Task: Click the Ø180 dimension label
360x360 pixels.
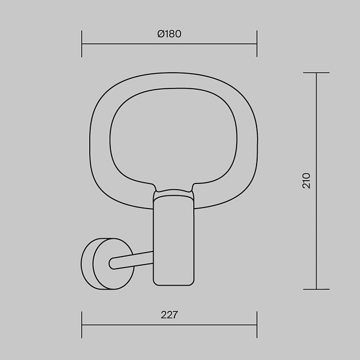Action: (x=169, y=34)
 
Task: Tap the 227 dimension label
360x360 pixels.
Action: (x=169, y=315)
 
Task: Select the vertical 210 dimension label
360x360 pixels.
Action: (x=306, y=181)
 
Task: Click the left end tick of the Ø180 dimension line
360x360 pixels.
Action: (x=82, y=43)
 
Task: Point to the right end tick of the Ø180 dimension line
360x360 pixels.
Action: (x=257, y=43)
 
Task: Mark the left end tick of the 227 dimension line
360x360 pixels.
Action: (x=82, y=325)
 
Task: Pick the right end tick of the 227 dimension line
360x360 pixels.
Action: (x=257, y=325)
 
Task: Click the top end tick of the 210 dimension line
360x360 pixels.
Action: (x=317, y=73)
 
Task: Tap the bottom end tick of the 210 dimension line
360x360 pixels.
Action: (x=317, y=289)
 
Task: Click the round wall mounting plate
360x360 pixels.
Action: (x=107, y=264)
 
